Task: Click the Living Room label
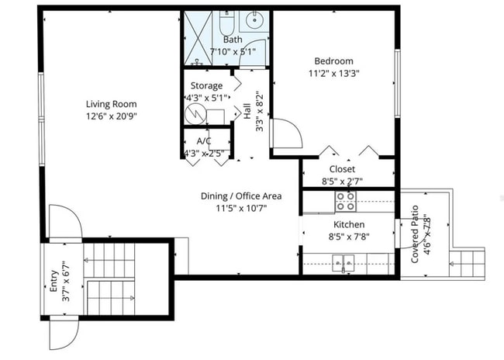tap(112, 103)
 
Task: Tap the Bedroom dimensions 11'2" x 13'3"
tap(333, 74)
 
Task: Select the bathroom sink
tap(254, 21)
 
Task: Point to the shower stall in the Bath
tap(198, 38)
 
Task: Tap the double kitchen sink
tap(343, 265)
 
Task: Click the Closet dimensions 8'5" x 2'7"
tap(342, 181)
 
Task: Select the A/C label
tap(205, 140)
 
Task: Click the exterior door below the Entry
tap(64, 334)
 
